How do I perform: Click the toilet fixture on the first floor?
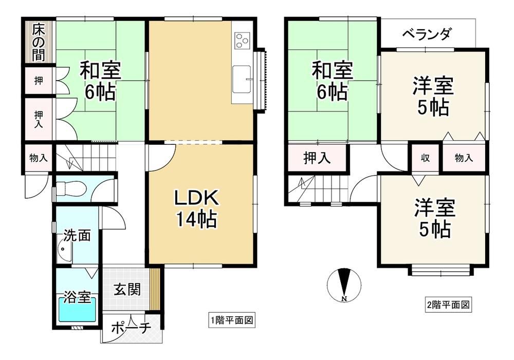pos(71,188)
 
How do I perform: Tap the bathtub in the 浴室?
pos(77,310)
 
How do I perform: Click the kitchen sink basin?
pos(242,80)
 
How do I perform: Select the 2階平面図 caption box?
pos(448,305)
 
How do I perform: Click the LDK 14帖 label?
pos(196,209)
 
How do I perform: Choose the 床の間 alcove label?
pos(39,42)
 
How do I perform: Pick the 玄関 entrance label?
pos(127,290)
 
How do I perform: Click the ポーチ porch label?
pos(131,328)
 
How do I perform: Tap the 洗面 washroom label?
pos(77,235)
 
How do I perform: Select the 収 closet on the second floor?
pos(425,158)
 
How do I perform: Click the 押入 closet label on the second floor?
pos(317,158)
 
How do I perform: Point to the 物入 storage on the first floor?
pos(39,158)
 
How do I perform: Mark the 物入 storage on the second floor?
pos(464,158)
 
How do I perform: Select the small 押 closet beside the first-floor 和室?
pos(39,80)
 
